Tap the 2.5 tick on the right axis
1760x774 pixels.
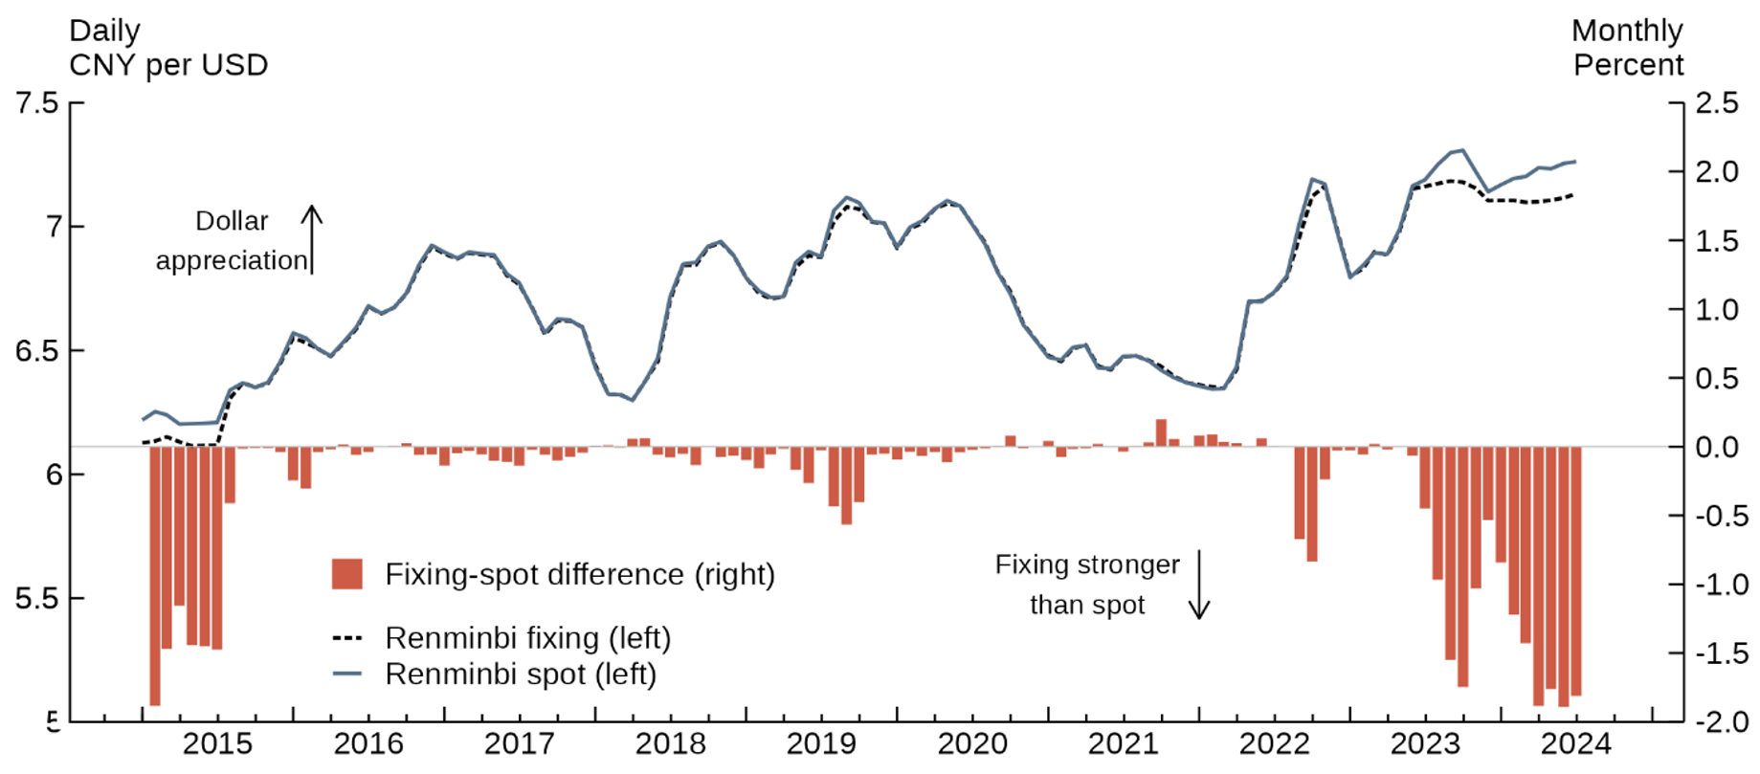[x=1717, y=103]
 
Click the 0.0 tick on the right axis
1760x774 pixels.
[x=1717, y=447]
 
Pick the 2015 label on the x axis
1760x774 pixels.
[x=217, y=743]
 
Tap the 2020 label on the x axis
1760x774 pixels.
[x=972, y=743]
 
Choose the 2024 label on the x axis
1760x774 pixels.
[x=1576, y=743]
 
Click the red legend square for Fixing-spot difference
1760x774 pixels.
[x=346, y=574]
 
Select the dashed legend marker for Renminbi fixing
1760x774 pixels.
[x=346, y=637]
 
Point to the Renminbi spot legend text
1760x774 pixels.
[x=521, y=674]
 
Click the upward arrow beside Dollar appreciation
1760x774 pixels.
[x=312, y=239]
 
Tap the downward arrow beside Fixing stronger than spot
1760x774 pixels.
[x=1199, y=585]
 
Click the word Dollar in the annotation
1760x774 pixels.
[x=232, y=221]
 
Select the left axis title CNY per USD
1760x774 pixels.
[x=168, y=65]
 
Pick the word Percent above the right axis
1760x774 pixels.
[x=1628, y=65]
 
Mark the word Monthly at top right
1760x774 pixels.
[x=1626, y=31]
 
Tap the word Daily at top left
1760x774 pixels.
[x=104, y=31]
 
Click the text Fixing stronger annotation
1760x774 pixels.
[x=1087, y=564]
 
